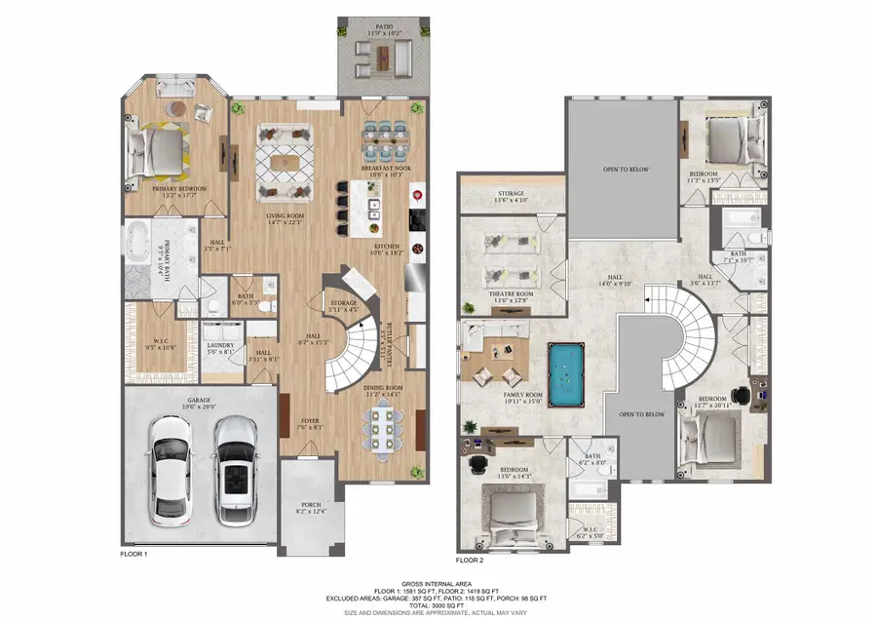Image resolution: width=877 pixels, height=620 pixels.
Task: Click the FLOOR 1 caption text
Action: click(x=133, y=553)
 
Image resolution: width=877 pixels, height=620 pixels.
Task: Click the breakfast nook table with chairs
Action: click(x=384, y=137)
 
